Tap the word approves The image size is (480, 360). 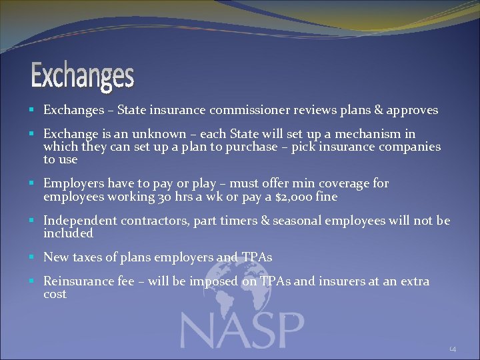coord(413,110)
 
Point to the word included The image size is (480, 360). coord(68,233)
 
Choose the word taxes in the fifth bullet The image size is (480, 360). coord(87,257)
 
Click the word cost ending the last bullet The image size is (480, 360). coord(55,294)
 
